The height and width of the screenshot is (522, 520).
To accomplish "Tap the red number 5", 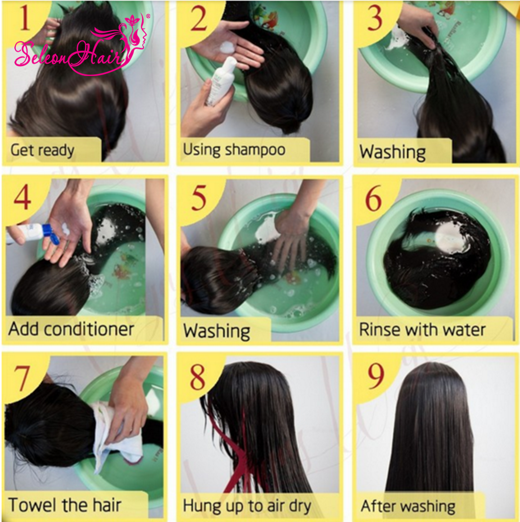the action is tap(199, 198).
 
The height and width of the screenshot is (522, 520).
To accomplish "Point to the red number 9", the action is tap(376, 376).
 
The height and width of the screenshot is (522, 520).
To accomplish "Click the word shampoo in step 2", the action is tap(255, 150).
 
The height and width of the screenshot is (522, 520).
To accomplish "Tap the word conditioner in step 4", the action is tap(89, 329).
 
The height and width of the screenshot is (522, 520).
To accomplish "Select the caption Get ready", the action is tap(42, 150).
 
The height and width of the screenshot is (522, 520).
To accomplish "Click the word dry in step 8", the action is tap(300, 506).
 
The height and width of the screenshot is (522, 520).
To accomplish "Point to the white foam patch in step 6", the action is tap(451, 238).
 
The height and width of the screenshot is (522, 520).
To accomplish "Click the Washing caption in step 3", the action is tap(392, 152).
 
